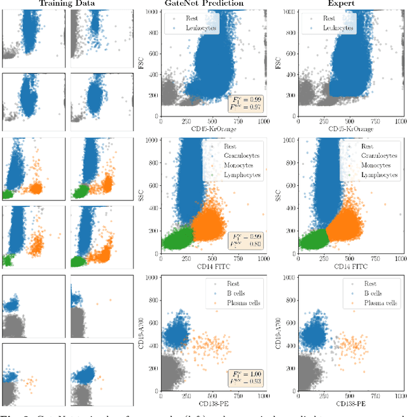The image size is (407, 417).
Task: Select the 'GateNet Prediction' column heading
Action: pyautogui.click(x=213, y=3)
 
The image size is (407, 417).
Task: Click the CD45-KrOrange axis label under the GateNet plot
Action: pyautogui.click(x=212, y=130)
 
